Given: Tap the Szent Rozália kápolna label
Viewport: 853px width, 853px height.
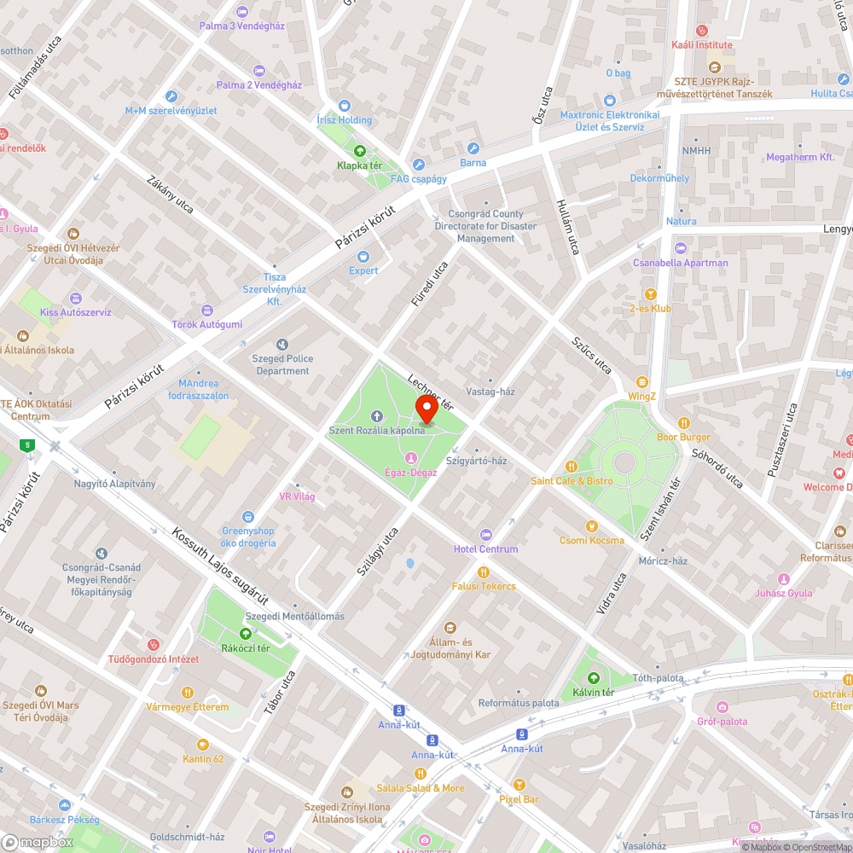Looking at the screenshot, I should (376, 430).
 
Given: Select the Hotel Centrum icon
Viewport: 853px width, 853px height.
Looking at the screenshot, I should (486, 534).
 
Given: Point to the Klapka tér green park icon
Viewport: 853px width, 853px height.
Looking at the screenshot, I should (359, 151).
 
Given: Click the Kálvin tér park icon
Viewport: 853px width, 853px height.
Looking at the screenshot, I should (594, 677).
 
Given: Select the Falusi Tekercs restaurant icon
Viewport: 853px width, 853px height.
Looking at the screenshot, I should (484, 572).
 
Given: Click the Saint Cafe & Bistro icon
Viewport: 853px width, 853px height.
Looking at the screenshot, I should (572, 467).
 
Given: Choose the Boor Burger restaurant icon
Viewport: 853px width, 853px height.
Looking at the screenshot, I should (683, 422).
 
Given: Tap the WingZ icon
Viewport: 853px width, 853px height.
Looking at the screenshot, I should (641, 382).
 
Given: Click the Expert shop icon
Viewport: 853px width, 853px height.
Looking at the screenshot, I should (363, 256).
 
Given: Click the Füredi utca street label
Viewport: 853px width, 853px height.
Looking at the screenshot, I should (429, 284).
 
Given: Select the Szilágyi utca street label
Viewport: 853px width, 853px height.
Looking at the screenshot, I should (378, 550).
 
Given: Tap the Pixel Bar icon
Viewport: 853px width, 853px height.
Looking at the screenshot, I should (519, 785).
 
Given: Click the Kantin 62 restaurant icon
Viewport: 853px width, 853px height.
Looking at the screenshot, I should (202, 744).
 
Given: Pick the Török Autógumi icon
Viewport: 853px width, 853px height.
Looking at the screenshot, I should (206, 310).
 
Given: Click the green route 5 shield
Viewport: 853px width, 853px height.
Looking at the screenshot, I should (28, 444).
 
